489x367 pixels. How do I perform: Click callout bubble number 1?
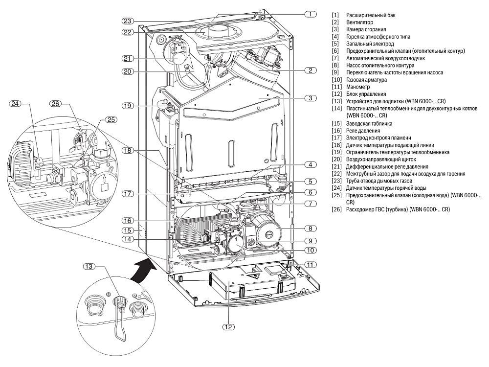point(311,14)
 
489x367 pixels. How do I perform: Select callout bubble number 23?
point(128,21)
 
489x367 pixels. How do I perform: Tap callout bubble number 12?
point(228,327)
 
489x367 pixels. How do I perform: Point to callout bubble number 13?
point(89,266)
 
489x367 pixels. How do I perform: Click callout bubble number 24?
point(15,103)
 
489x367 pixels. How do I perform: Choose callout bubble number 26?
point(56,103)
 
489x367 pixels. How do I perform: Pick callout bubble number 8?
point(311,229)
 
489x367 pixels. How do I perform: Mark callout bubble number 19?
point(128,106)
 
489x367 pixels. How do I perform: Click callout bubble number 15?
point(128,230)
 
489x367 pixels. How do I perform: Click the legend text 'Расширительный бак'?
point(371,15)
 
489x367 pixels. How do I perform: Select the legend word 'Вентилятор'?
point(359,22)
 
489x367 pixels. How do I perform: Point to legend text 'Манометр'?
point(358,87)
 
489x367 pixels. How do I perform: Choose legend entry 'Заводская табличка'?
point(369,124)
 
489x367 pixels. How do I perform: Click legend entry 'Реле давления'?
point(363,131)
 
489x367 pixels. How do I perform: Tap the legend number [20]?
point(337,160)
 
